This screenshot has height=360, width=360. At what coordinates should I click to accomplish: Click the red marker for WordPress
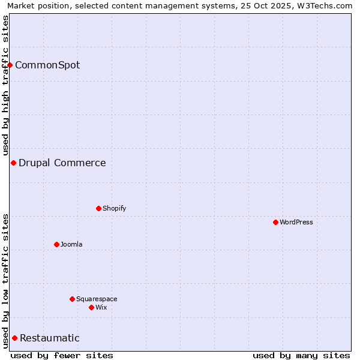pyautogui.click(x=275, y=222)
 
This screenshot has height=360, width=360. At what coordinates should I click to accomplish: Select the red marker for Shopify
pyautogui.click(x=98, y=208)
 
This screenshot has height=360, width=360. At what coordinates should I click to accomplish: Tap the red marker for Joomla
pyautogui.click(x=56, y=244)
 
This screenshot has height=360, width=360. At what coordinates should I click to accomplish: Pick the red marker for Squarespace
pyautogui.click(x=72, y=299)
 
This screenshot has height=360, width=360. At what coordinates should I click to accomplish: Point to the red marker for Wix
pyautogui.click(x=91, y=307)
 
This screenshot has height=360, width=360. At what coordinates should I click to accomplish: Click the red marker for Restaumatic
pyautogui.click(x=14, y=338)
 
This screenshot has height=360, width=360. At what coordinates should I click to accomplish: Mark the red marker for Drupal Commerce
pyautogui.click(x=13, y=163)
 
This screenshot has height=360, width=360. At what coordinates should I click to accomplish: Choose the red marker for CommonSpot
pyautogui.click(x=10, y=65)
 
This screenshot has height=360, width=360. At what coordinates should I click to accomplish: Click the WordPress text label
pyautogui.click(x=296, y=222)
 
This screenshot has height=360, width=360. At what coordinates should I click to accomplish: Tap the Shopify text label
pyautogui.click(x=114, y=208)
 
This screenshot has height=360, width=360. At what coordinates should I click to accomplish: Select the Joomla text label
pyautogui.click(x=71, y=244)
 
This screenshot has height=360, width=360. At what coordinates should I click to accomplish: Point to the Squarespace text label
pyautogui.click(x=97, y=299)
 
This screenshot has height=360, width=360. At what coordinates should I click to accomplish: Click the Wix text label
pyautogui.click(x=101, y=307)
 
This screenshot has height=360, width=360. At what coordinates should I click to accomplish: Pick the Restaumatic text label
pyautogui.click(x=50, y=338)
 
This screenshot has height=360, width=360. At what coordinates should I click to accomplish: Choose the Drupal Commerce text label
pyautogui.click(x=62, y=163)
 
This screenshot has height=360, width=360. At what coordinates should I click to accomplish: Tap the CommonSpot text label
pyautogui.click(x=47, y=65)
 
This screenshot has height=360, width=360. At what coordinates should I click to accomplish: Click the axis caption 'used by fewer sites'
pyautogui.click(x=62, y=355)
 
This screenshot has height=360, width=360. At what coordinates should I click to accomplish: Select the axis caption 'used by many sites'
pyautogui.click(x=301, y=355)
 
